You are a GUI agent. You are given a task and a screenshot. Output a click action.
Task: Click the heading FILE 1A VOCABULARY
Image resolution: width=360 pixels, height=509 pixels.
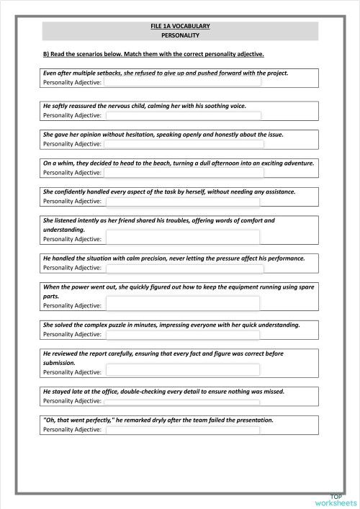point(180,26)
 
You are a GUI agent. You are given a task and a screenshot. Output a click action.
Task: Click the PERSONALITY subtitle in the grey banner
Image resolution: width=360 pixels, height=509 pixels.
point(180,35)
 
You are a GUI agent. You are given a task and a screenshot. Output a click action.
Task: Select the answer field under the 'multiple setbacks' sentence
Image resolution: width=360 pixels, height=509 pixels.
point(184,84)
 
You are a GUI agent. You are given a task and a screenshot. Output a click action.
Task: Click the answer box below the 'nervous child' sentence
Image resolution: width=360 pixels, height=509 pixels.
point(184,115)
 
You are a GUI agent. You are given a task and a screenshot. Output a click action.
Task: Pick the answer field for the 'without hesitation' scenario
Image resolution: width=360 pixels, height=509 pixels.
point(184,144)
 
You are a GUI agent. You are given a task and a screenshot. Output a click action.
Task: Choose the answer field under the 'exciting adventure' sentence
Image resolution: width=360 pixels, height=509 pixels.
point(184,173)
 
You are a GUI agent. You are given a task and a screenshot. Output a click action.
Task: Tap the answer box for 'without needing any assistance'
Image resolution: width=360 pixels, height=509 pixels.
point(184,202)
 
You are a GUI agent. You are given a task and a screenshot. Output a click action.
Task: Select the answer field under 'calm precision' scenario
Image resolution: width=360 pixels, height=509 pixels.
point(184,268)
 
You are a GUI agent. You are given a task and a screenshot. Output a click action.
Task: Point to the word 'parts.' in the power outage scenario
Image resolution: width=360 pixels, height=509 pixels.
point(52,296)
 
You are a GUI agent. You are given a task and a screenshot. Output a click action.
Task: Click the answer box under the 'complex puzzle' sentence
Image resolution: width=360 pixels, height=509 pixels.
point(184,335)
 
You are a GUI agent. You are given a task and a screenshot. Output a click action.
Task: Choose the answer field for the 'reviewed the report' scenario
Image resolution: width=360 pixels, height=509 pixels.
point(184,372)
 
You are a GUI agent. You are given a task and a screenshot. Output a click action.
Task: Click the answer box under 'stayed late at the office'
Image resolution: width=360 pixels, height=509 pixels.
point(184,401)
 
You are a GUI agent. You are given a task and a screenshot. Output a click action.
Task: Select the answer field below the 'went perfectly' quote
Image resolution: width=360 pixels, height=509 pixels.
point(184,430)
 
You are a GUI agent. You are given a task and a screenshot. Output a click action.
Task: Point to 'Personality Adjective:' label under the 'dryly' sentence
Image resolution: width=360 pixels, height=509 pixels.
point(72,430)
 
